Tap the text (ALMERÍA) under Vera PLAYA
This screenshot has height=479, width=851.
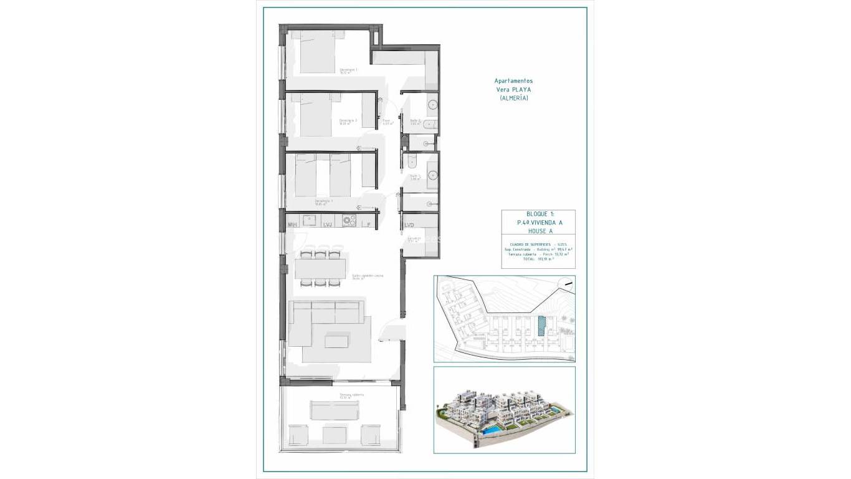click(513, 98)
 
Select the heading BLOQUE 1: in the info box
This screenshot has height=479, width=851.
click(538, 214)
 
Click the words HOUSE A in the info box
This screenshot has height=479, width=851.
click(538, 230)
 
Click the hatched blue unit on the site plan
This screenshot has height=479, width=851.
click(541, 326)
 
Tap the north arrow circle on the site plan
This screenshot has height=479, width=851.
click(566, 284)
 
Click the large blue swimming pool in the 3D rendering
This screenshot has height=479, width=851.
click(492, 430)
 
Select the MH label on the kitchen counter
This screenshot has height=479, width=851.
click(292, 225)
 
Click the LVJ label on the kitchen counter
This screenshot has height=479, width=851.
click(328, 225)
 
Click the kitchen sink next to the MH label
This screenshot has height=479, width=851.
click(310, 220)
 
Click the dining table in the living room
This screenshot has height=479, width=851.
click(320, 268)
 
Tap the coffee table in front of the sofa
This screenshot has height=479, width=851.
click(337, 341)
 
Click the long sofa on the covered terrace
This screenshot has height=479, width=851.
click(335, 410)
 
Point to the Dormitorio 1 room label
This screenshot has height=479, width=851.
click(348, 70)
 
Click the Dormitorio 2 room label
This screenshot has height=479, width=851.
click(348, 120)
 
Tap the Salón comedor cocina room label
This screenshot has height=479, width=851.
click(367, 276)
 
